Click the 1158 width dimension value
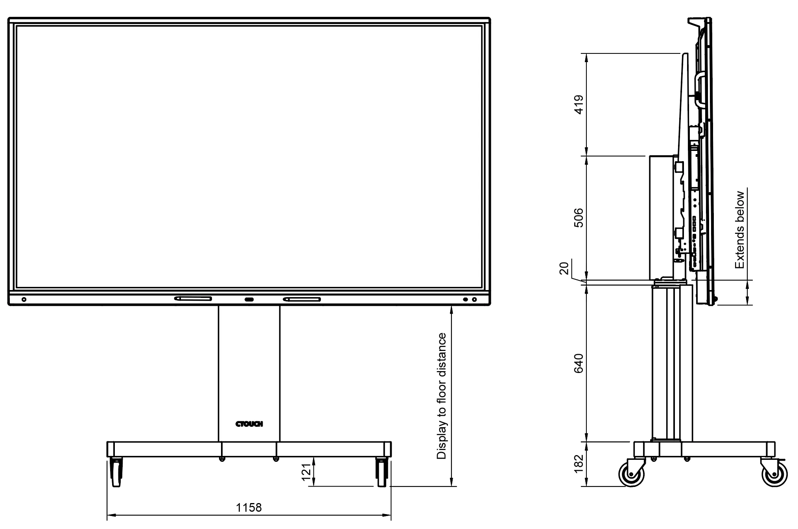click(249, 507)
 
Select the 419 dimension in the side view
click(579, 105)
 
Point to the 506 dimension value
click(579, 217)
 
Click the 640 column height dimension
click(579, 364)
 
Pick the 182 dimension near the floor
click(579, 464)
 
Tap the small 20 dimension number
click(564, 268)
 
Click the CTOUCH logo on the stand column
click(249, 424)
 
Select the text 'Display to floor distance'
click(442, 396)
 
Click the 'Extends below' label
click(740, 230)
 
